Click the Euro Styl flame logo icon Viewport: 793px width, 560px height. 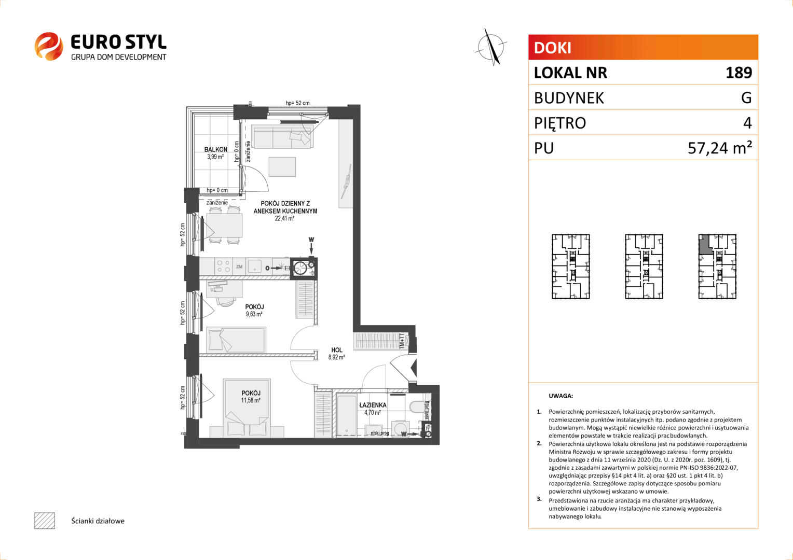tap(49, 46)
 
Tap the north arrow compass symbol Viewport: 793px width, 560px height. tap(490, 47)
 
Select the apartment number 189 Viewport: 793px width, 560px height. tap(739, 73)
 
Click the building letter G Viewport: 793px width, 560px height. tap(746, 97)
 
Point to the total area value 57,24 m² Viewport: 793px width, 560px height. tap(720, 147)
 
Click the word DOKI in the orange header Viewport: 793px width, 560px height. tap(552, 48)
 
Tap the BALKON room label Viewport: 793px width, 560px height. tap(215, 150)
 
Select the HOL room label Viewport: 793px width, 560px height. tap(337, 350)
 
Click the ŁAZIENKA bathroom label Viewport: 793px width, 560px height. tap(373, 405)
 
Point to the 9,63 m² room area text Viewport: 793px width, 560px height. tap(254, 314)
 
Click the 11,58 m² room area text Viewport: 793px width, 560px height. tap(251, 400)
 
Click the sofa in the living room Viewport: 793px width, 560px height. tap(282, 138)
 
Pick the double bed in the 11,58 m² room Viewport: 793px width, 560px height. tap(247, 408)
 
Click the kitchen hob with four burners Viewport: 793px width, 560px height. tap(223, 267)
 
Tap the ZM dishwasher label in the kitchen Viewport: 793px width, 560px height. tap(239, 267)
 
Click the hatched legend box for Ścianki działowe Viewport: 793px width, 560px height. tap(45, 521)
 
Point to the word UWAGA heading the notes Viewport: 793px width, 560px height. tap(561, 396)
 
